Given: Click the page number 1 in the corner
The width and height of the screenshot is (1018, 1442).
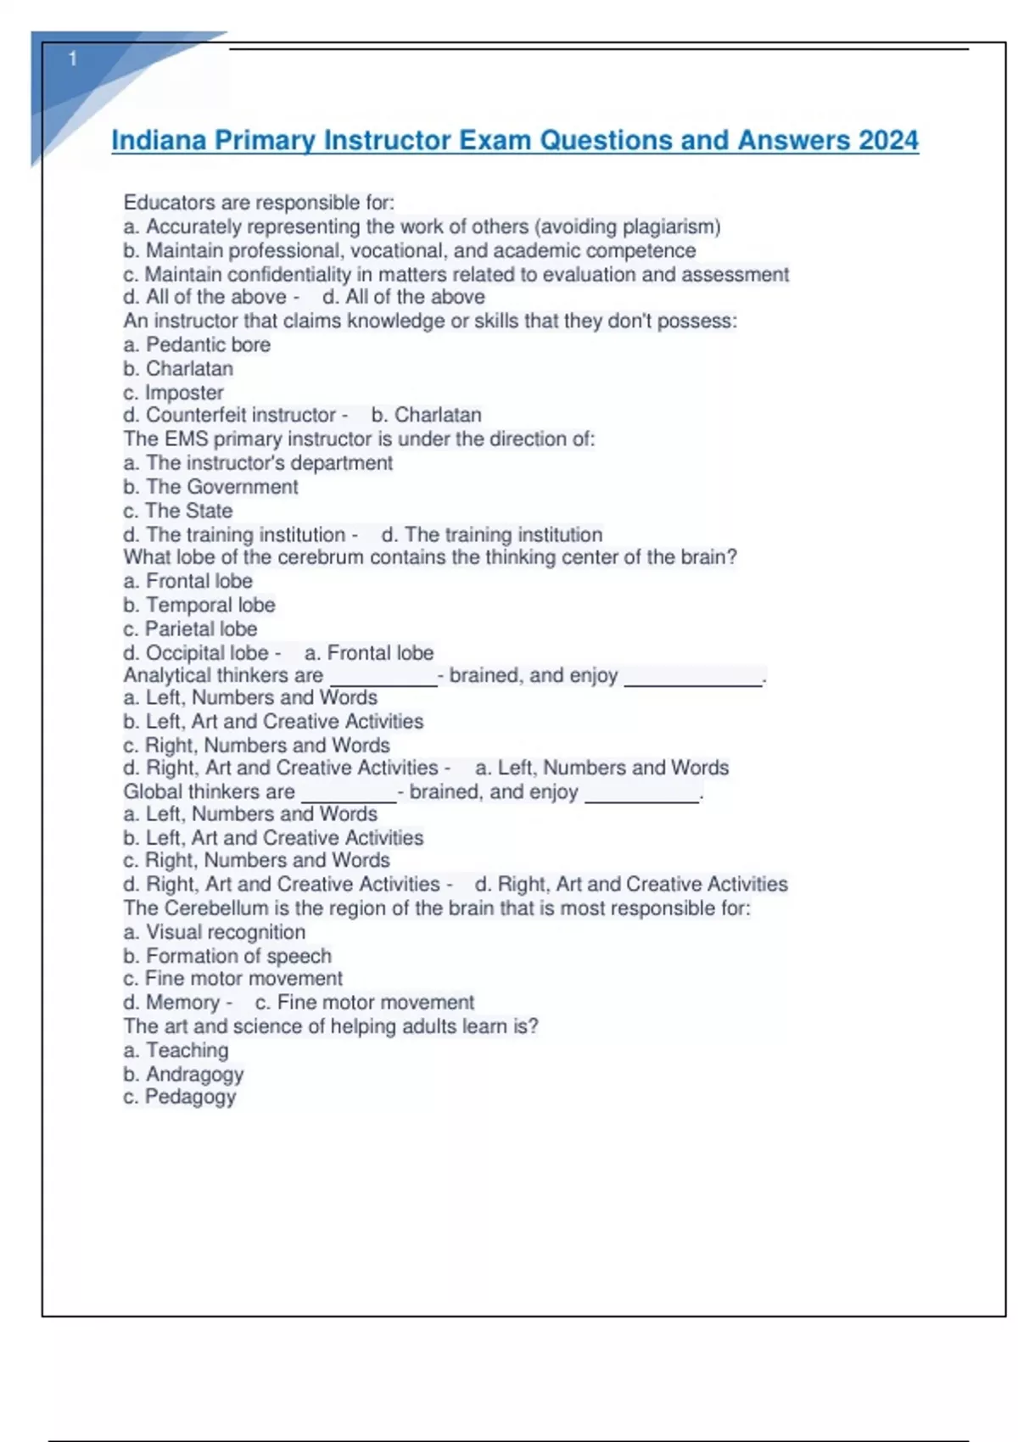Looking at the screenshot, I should coord(73,59).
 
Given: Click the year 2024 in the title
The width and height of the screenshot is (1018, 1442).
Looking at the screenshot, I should coord(887,140).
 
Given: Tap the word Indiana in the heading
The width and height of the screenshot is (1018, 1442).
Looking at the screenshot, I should coord(159,140).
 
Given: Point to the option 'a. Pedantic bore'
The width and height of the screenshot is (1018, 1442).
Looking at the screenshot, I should coord(197,344).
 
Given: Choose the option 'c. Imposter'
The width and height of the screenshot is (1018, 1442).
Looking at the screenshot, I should coord(173,393).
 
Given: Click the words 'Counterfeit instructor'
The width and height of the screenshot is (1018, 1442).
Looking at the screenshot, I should coord(241,415).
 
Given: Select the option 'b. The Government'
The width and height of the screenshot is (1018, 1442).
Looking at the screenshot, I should coord(210,487).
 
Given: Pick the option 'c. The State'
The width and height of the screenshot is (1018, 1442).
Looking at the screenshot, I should coord(177,511).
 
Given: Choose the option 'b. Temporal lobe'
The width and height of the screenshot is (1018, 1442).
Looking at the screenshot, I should coord(199,605).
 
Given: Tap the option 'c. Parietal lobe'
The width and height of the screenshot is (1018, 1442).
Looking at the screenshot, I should coord(190,629).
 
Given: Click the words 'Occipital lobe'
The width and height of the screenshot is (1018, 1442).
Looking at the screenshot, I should coord(207,653).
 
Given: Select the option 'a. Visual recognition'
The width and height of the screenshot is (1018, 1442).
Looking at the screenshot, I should coord(214,932).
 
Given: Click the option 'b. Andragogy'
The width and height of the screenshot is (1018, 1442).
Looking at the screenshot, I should coord(183,1074).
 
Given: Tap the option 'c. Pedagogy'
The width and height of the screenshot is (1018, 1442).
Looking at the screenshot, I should coord(180,1097).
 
